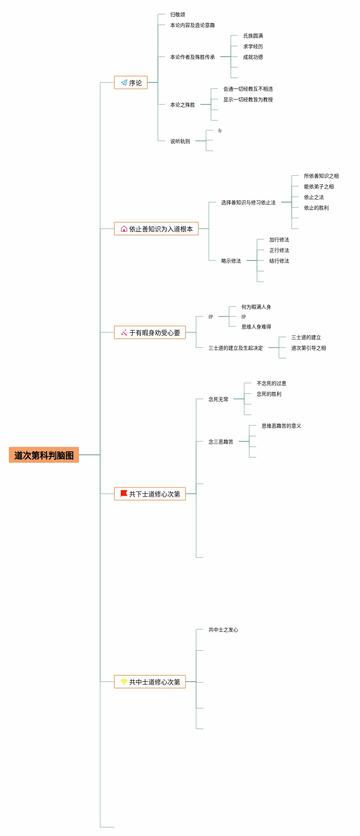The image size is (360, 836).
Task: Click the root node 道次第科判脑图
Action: pyautogui.click(x=44, y=455)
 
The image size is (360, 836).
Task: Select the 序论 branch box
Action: pyautogui.click(x=131, y=82)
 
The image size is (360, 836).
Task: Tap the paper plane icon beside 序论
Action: pyautogui.click(x=124, y=82)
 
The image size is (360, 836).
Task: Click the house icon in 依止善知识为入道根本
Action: pyautogui.click(x=124, y=229)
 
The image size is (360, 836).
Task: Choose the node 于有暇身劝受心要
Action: pyautogui.click(x=150, y=332)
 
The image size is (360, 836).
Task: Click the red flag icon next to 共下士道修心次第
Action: pyautogui.click(x=124, y=493)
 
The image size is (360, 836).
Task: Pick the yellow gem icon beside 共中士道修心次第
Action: pyautogui.click(x=124, y=681)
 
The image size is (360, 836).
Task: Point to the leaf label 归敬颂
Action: pyautogui.click(x=178, y=15)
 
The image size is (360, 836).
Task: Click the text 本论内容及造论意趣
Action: pyautogui.click(x=193, y=25)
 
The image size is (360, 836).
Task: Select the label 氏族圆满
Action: pyautogui.click(x=253, y=36)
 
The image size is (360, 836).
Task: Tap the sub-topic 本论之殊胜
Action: pyautogui.click(x=183, y=105)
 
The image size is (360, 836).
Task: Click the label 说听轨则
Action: pyautogui.click(x=180, y=141)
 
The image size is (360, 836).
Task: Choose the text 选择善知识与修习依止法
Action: pyautogui.click(x=248, y=202)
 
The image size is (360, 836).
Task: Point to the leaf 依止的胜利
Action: pyautogui.click(x=316, y=208)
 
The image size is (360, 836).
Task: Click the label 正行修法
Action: pyautogui.click(x=279, y=250)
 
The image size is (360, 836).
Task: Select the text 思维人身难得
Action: pyautogui.click(x=256, y=327)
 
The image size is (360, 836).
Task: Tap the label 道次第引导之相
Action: pyautogui.click(x=309, y=348)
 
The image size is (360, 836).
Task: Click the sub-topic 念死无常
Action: pyautogui.click(x=218, y=399)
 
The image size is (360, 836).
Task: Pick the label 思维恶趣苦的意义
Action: pyautogui.click(x=281, y=426)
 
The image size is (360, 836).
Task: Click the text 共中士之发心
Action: pyautogui.click(x=223, y=630)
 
